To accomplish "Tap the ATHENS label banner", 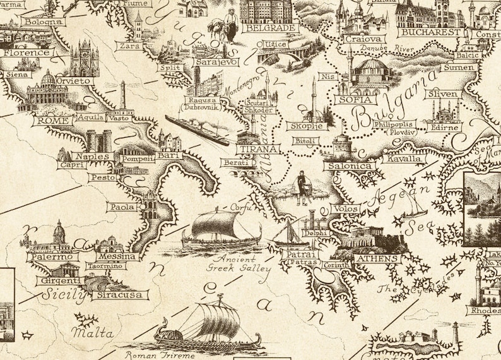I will (x=377, y=258).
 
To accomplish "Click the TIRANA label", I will (x=257, y=149).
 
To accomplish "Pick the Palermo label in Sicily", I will (x=52, y=257).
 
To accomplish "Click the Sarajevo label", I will (x=216, y=63).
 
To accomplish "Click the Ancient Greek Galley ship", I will (x=221, y=229).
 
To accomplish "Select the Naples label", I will (x=92, y=156).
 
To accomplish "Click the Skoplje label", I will (x=306, y=126).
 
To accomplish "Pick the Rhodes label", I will (x=484, y=310).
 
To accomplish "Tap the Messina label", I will (x=117, y=256).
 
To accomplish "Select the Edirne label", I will (x=444, y=127).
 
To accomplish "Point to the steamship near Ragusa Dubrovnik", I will (x=197, y=130).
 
